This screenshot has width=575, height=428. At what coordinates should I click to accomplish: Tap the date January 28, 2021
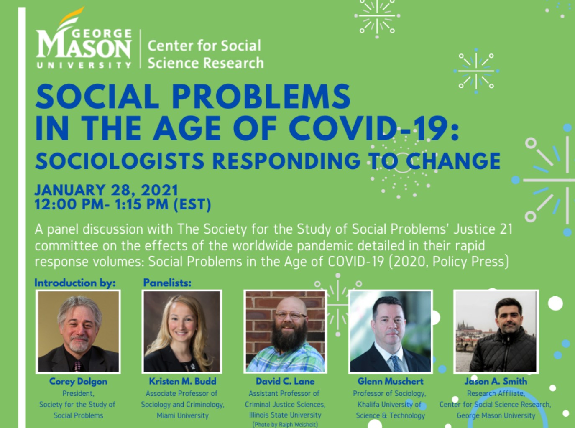click(106, 190)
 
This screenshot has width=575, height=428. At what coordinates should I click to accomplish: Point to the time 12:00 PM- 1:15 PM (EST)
click(123, 204)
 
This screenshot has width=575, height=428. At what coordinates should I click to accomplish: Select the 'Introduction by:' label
click(75, 283)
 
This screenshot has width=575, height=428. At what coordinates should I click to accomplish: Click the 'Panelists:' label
click(167, 283)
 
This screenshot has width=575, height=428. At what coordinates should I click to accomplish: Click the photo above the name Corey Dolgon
click(78, 331)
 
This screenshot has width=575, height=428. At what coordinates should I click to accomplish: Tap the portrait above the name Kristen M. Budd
click(182, 331)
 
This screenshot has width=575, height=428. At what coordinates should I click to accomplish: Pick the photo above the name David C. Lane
click(285, 331)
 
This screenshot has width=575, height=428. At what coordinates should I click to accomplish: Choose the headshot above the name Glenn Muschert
click(390, 331)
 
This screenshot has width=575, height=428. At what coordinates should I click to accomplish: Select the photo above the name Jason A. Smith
click(496, 331)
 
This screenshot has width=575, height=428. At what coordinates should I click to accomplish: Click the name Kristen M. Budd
click(182, 381)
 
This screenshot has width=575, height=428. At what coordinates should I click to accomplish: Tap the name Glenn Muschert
click(390, 381)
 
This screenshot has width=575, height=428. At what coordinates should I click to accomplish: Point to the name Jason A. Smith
click(496, 381)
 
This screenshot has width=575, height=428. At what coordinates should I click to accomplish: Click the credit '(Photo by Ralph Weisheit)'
click(285, 425)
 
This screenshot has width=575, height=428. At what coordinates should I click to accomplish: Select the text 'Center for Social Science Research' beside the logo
click(205, 54)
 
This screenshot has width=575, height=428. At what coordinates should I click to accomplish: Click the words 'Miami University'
click(182, 415)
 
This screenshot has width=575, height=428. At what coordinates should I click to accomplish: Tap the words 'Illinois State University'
click(285, 415)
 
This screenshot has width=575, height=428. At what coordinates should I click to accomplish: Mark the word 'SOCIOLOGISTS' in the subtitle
click(120, 161)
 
